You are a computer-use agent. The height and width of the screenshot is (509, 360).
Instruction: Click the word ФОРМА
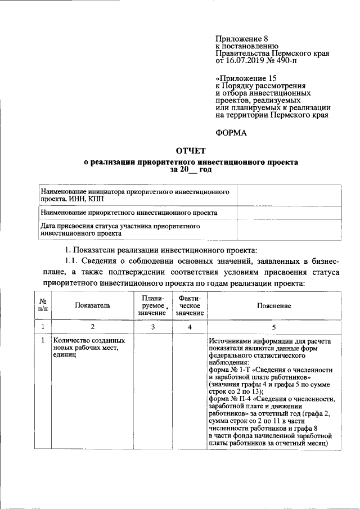click(x=231, y=133)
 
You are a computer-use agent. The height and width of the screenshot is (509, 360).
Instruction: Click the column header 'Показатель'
click(x=92, y=305)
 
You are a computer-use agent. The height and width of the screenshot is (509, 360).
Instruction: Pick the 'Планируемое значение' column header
click(x=153, y=305)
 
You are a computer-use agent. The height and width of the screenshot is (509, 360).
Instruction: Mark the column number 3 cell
click(x=152, y=326)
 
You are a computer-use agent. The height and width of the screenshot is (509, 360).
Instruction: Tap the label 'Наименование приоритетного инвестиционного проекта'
click(x=129, y=213)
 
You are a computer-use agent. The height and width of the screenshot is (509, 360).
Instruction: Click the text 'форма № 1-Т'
click(x=231, y=371)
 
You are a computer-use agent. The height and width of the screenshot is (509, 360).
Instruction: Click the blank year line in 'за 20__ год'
click(x=192, y=169)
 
